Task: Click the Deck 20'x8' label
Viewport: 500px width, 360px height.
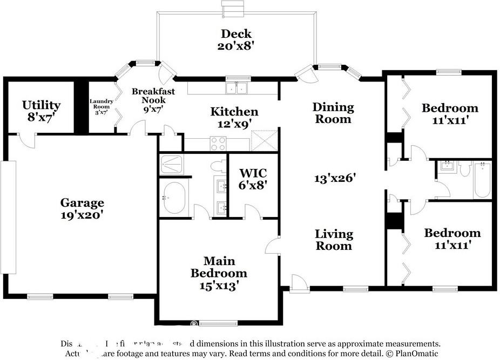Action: [x=235, y=39]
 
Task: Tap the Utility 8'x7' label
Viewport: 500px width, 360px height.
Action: [x=41, y=111]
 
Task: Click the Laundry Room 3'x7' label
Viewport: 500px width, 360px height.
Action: [x=102, y=106]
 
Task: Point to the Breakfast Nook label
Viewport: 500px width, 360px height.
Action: [x=153, y=96]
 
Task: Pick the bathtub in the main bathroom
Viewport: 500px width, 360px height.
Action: [x=174, y=198]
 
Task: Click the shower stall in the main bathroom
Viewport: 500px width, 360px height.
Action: [x=173, y=164]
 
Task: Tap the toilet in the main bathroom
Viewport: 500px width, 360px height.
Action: [x=218, y=165]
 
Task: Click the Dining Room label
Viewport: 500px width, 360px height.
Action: [x=333, y=113]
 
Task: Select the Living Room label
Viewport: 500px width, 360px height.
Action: [x=334, y=240]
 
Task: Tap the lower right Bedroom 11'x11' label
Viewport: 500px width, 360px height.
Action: [x=452, y=239]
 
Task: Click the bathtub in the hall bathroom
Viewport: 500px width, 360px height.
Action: [x=482, y=181]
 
